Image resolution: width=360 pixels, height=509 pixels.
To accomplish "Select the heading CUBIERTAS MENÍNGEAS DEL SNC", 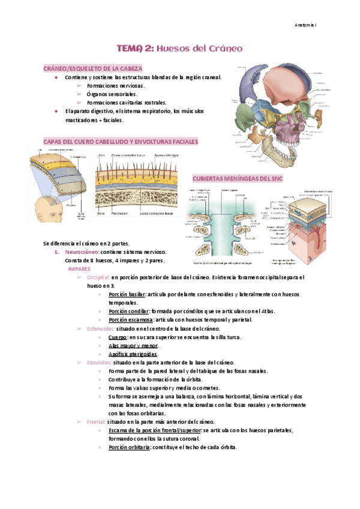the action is [236, 179].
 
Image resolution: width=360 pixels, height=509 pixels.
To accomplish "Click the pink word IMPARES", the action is [79, 269].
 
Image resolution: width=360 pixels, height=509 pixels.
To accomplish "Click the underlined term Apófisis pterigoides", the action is [133, 354].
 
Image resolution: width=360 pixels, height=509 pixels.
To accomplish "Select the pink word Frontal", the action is [95, 422].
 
